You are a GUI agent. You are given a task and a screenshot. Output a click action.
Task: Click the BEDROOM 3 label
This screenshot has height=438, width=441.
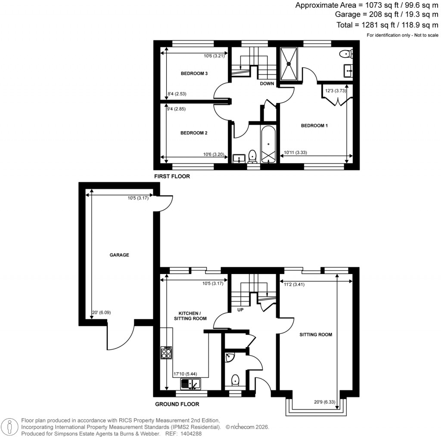(194, 74)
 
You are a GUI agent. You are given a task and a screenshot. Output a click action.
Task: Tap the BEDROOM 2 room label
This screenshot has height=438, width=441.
(194, 133)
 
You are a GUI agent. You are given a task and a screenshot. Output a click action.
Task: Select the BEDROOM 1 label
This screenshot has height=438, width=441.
(314, 126)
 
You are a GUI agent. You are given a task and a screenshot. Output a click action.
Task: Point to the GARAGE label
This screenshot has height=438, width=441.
(119, 255)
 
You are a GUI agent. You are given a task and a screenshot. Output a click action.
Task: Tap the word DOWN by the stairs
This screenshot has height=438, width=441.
(267, 83)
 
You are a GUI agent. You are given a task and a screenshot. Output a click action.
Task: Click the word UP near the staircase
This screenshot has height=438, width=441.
(240, 309)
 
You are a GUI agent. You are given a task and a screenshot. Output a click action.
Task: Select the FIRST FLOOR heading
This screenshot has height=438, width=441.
(172, 176)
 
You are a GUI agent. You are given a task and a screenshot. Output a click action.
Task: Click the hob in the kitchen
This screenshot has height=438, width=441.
(166, 352)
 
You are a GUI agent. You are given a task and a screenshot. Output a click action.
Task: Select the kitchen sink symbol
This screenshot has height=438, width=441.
(190, 383)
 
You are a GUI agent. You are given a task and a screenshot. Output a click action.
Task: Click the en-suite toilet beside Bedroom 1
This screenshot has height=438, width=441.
(346, 54)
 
